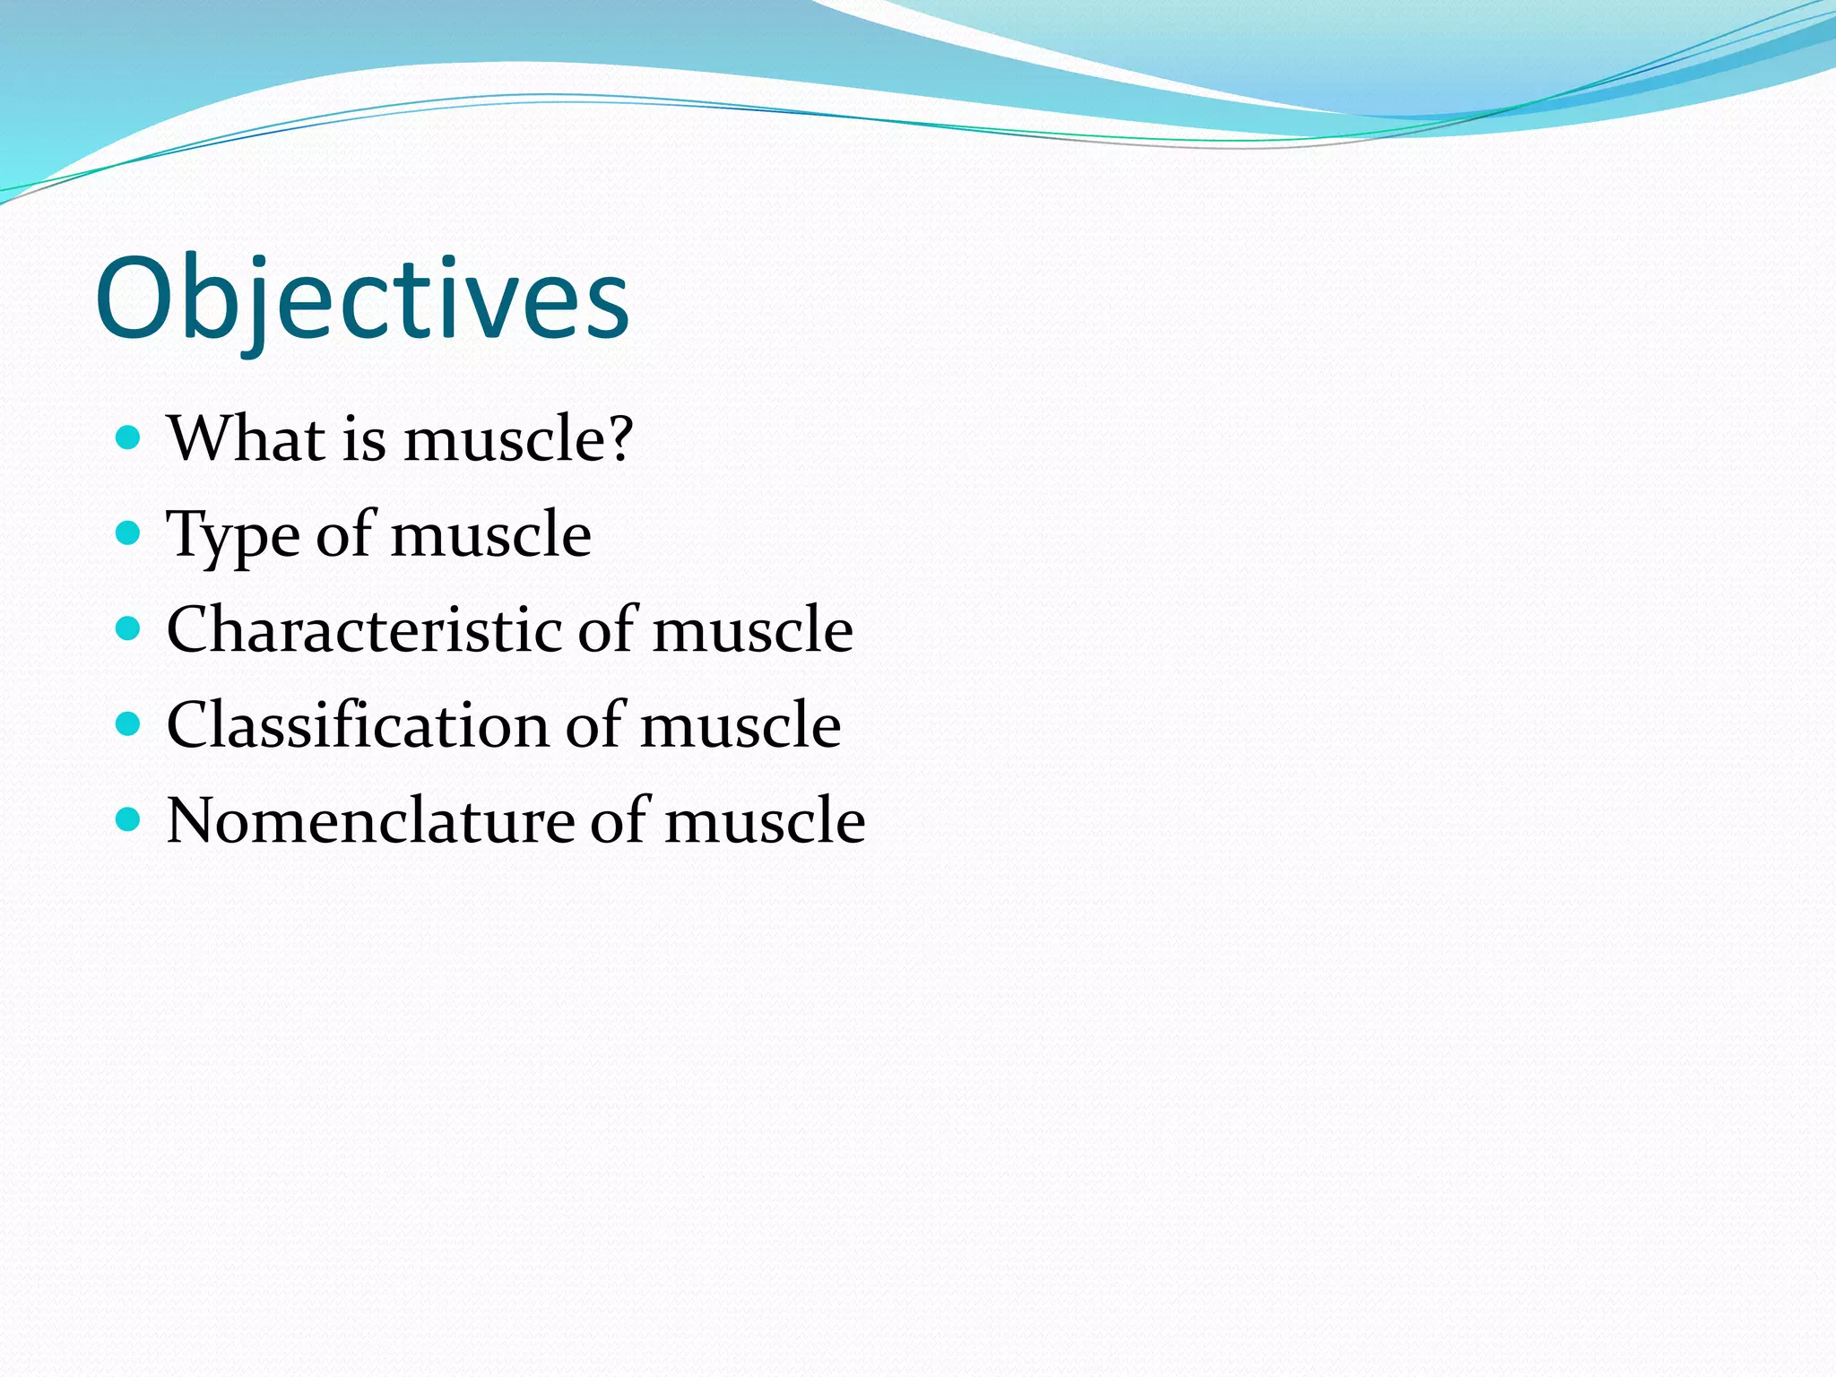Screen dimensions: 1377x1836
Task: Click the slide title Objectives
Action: point(362,299)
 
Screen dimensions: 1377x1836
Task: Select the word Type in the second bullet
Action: point(232,536)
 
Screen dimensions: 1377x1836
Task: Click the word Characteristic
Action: point(363,630)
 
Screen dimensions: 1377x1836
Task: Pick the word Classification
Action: point(357,725)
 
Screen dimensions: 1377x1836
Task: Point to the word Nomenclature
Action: point(369,821)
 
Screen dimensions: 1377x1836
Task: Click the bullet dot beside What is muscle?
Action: point(129,437)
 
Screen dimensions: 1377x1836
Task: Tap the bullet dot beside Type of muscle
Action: point(129,533)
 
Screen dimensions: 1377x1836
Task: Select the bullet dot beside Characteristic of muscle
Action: point(129,628)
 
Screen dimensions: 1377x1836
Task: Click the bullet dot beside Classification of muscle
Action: point(129,723)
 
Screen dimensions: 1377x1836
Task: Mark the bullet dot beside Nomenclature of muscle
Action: point(129,819)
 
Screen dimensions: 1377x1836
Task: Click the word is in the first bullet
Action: point(364,440)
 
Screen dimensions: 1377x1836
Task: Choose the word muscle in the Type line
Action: point(490,536)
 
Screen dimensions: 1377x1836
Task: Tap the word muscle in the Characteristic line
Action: point(752,630)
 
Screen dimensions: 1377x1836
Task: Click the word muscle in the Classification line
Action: point(740,725)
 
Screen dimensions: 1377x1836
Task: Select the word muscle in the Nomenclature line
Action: point(764,821)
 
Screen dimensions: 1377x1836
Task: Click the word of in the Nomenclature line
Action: point(618,821)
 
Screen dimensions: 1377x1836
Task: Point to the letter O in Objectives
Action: point(133,299)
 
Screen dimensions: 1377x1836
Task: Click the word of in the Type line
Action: point(344,536)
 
